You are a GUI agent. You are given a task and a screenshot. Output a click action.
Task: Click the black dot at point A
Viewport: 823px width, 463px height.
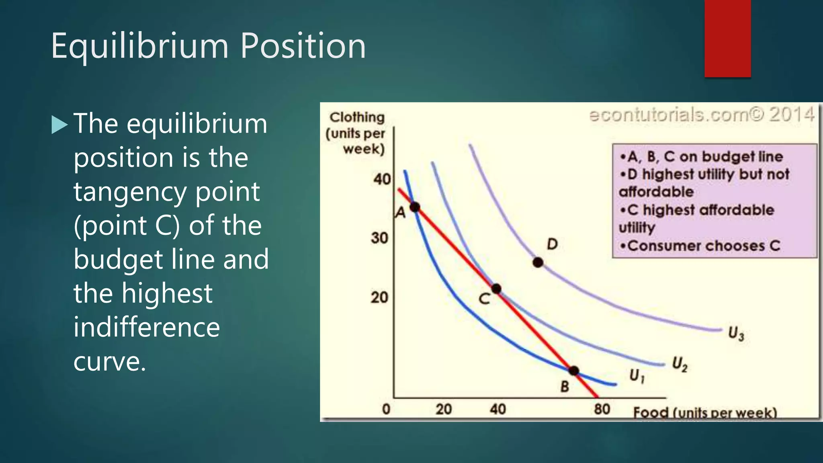415,207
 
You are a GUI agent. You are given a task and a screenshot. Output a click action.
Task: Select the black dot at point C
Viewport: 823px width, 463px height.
496,289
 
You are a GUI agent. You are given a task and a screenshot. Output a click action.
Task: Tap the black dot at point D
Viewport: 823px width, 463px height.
538,262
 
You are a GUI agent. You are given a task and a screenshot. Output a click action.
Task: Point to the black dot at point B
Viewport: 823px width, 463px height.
574,371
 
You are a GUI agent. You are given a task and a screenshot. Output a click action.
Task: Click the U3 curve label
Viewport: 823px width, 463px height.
736,334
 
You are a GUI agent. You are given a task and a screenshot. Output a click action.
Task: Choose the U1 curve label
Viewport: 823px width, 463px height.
637,376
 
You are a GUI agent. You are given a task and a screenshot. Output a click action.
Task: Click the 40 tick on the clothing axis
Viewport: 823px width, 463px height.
382,179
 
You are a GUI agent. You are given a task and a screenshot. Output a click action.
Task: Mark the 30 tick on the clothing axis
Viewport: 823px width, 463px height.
379,238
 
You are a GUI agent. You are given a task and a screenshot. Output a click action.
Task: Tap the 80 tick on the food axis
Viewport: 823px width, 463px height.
602,409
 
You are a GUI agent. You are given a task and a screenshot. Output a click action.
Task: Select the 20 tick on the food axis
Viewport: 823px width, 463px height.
444,409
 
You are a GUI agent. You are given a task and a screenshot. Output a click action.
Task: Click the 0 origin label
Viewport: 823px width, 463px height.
386,409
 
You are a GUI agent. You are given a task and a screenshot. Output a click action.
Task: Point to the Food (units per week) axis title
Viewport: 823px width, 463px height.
705,413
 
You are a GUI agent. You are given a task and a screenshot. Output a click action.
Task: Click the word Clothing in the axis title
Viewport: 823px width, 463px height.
357,117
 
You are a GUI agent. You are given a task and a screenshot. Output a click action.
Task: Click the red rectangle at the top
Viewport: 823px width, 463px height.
727,38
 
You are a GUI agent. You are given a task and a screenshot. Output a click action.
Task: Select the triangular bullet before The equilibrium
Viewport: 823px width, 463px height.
60,125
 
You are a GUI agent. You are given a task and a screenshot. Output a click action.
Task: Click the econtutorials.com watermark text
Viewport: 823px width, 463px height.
701,115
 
